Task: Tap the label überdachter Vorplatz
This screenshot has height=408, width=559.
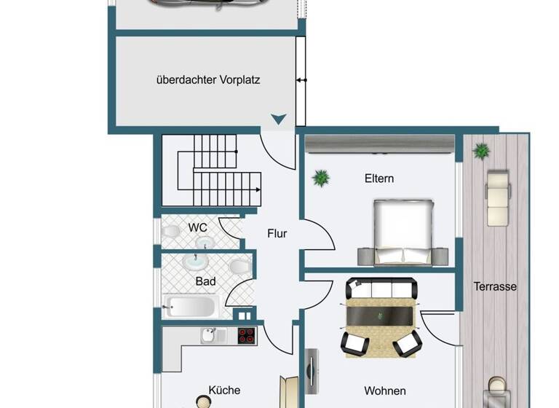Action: [208, 80]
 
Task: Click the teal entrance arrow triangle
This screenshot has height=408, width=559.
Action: [279, 119]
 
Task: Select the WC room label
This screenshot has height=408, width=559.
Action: [197, 227]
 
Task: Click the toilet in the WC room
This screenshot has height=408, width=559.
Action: [172, 231]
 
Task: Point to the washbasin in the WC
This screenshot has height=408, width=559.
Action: [205, 243]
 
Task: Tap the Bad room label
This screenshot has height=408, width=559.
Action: [205, 280]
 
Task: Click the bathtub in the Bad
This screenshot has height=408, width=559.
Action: [189, 306]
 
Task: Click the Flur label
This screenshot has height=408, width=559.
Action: [277, 234]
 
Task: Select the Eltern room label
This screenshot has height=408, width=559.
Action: [379, 178]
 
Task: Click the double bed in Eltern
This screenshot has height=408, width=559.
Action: [403, 232]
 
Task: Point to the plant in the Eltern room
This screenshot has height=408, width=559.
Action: [320, 177]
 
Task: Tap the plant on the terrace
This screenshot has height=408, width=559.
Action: [480, 152]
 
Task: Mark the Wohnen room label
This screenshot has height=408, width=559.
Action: [385, 391]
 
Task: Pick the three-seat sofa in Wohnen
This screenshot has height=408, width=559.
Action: [381, 289]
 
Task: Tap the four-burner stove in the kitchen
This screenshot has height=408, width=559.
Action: [247, 336]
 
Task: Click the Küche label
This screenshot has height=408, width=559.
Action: [224, 391]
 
